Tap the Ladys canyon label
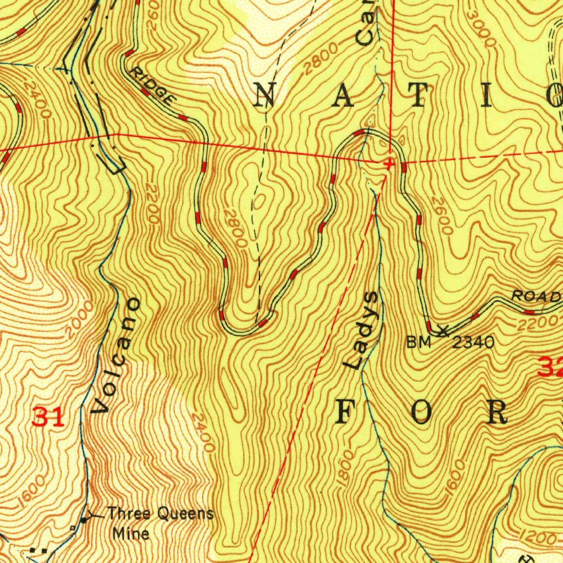(361, 330)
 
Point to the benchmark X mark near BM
(443, 330)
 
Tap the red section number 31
(48, 417)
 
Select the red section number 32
(550, 367)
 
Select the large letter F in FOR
(345, 412)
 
